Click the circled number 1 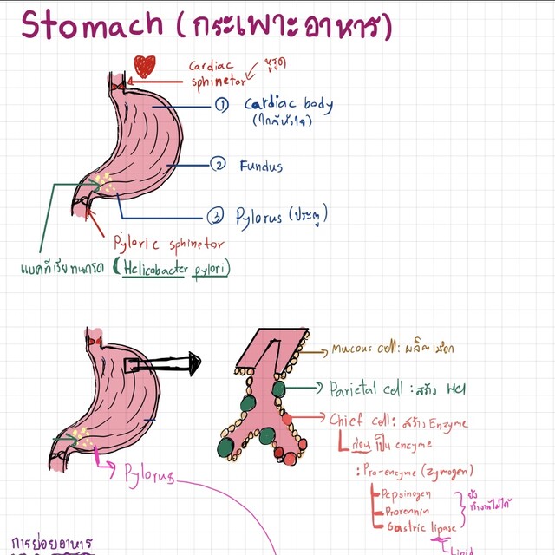click(222, 105)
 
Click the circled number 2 click(220, 164)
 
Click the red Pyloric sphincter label click(169, 245)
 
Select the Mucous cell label click(362, 350)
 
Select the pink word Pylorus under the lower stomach click(148, 476)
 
